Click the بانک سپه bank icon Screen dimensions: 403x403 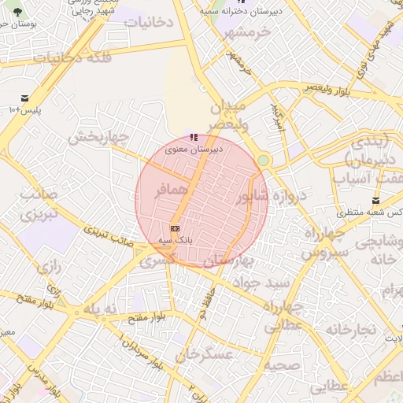(x=174, y=228)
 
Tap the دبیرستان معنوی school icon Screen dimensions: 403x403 (x=194, y=138)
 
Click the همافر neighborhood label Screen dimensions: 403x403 (x=171, y=190)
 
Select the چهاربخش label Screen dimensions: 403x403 (x=98, y=137)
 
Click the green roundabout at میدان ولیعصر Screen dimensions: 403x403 (x=263, y=161)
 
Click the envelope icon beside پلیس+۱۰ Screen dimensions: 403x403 (x=25, y=98)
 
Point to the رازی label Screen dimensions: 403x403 (x=49, y=266)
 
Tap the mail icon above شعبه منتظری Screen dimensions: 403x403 (x=375, y=201)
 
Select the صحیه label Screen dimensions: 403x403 (x=279, y=365)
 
